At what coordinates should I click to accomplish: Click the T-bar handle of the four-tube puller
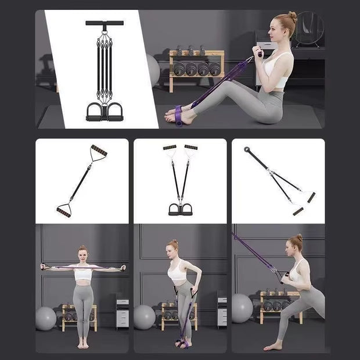[105, 23]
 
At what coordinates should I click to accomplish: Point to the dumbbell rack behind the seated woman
[196, 69]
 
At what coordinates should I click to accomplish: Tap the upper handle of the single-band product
[98, 152]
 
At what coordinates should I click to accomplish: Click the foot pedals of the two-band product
[179, 209]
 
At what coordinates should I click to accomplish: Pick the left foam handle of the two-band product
[170, 147]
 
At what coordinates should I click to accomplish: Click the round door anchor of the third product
[247, 150]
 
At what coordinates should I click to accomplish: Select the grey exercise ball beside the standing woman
[45, 318]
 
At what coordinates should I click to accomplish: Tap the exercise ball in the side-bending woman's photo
[144, 317]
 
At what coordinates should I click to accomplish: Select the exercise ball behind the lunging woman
[242, 308]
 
